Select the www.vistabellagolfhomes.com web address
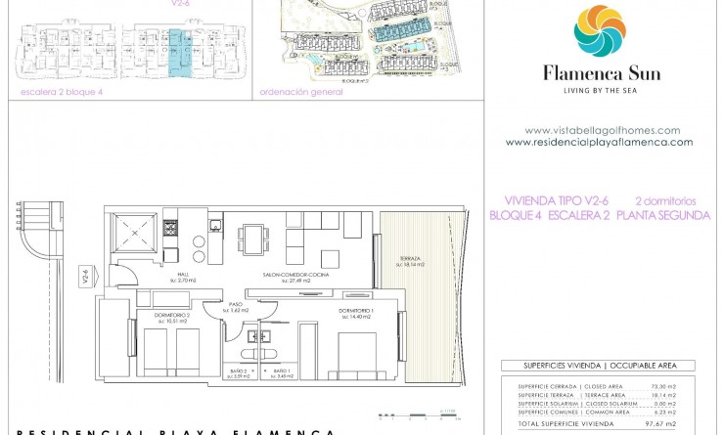602,130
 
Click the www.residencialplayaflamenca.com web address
599,142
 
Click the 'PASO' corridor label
236,305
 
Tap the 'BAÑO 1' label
281,372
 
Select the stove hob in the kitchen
169,230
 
